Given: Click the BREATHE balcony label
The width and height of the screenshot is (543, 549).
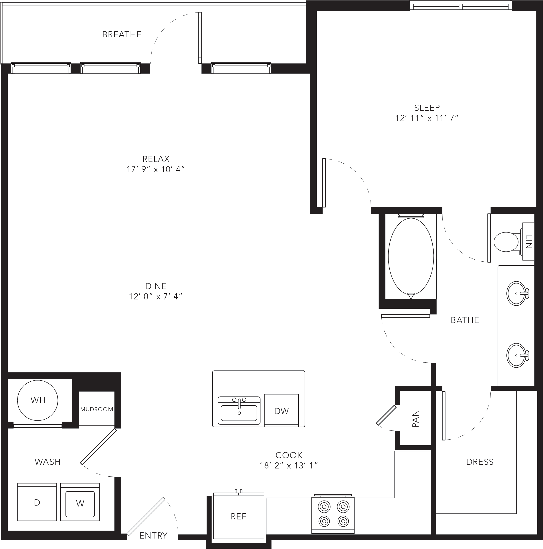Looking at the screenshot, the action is click(x=122, y=34).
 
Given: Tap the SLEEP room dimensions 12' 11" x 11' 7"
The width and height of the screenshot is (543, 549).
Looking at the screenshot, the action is click(x=427, y=118).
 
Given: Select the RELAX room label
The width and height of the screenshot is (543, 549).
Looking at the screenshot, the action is click(x=156, y=159).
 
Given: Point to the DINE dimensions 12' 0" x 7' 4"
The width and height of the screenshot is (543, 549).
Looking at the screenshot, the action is click(x=155, y=297).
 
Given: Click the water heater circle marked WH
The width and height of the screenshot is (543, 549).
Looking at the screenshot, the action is click(x=38, y=400).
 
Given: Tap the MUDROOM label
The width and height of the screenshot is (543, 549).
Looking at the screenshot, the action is click(x=97, y=409).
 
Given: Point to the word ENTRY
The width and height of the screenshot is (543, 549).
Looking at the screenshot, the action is click(x=154, y=536).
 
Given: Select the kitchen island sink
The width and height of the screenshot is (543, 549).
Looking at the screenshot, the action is click(x=239, y=410).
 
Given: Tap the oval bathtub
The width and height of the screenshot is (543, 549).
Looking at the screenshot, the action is click(x=411, y=256).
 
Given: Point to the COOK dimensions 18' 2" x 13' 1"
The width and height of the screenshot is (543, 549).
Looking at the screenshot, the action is click(x=289, y=466).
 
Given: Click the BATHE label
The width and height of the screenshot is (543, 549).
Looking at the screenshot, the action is click(x=465, y=320).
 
